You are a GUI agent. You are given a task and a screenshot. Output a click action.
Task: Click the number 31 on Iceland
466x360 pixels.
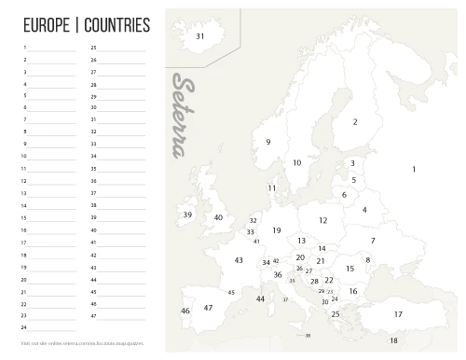199,36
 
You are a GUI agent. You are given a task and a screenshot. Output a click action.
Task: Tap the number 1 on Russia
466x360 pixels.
413,169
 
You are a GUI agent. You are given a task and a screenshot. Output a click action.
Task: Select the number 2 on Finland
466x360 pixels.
355,122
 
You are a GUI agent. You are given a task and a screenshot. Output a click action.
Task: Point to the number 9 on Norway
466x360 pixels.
268,142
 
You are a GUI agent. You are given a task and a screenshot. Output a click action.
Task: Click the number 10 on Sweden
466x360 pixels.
296,162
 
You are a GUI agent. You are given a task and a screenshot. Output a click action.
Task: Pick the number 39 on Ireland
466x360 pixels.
187,215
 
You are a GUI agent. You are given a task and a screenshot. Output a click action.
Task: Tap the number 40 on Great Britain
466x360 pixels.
218,217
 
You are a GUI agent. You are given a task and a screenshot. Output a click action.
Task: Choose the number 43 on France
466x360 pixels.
239,260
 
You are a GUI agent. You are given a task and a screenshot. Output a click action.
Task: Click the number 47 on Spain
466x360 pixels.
208,307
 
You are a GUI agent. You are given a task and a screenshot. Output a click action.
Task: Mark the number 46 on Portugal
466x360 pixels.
185,311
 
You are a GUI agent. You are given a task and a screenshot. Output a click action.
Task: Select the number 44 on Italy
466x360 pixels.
260,298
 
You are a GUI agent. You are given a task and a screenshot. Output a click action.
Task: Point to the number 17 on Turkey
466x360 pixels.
398,314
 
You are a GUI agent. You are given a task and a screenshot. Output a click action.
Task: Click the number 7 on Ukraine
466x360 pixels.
373,241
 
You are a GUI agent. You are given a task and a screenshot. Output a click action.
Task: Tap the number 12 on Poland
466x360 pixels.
322,220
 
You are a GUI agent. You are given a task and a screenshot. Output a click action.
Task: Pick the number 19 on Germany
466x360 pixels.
277,229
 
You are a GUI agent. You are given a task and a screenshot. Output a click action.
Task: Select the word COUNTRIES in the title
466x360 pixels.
116,24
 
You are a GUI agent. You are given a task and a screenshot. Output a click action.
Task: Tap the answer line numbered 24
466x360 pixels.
52,328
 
